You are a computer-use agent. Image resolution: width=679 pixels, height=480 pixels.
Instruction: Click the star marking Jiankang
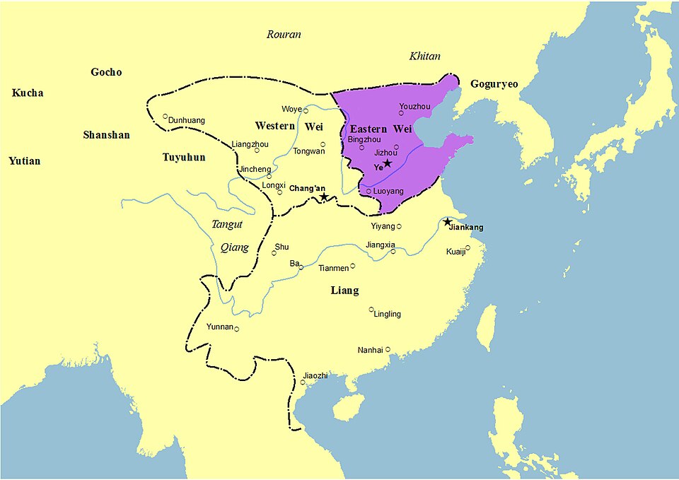(448, 222)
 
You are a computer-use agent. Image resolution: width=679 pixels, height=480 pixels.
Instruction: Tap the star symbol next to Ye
(387, 163)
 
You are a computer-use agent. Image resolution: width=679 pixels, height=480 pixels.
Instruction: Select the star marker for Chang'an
(324, 197)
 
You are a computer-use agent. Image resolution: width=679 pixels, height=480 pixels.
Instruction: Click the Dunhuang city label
(187, 120)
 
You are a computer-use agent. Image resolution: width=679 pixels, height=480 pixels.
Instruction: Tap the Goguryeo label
(494, 84)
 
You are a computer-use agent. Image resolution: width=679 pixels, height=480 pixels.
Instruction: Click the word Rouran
(284, 35)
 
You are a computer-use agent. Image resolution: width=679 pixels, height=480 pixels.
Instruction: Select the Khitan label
(424, 57)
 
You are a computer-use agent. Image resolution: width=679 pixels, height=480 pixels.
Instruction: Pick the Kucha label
(28, 93)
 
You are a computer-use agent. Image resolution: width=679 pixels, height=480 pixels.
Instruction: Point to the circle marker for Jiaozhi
(303, 383)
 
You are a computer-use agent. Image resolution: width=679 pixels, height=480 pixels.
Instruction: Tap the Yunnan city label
(219, 327)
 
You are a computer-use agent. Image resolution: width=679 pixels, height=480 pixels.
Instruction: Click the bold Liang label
(344, 291)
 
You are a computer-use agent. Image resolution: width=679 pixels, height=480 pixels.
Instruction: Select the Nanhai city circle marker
(388, 349)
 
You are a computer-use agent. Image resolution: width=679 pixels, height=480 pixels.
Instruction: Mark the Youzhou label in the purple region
(414, 106)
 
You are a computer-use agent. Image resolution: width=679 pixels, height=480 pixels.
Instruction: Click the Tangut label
(227, 224)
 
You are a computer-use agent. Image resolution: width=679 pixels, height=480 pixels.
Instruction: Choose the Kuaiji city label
(455, 252)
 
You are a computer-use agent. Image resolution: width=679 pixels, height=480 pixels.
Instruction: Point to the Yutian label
(24, 161)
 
